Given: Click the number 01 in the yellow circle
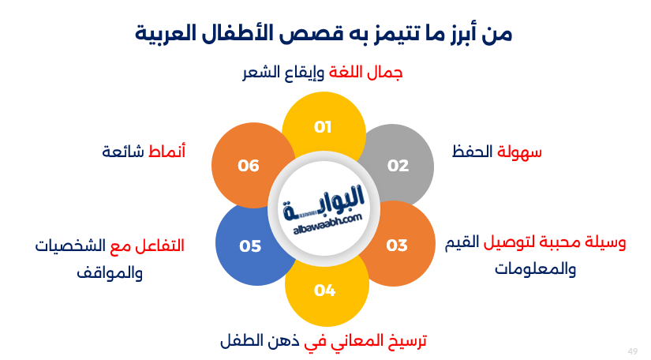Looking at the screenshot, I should pyautogui.click(x=323, y=126).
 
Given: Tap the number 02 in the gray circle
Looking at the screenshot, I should pyautogui.click(x=398, y=165).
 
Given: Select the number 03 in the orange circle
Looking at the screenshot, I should pyautogui.click(x=397, y=245).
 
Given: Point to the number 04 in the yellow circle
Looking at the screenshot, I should pyautogui.click(x=324, y=290).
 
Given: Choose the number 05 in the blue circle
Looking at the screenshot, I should pyautogui.click(x=250, y=246).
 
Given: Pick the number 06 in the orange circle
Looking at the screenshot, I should pyautogui.click(x=249, y=165).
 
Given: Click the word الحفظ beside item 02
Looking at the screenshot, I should pyautogui.click(x=473, y=151).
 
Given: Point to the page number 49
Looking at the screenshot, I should pyautogui.click(x=632, y=351).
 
